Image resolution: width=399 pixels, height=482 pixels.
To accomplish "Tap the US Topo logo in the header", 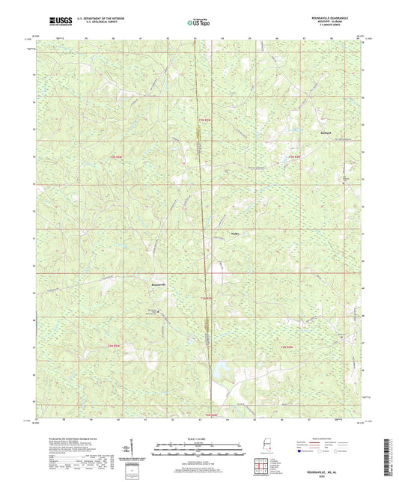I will click(x=198, y=22).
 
